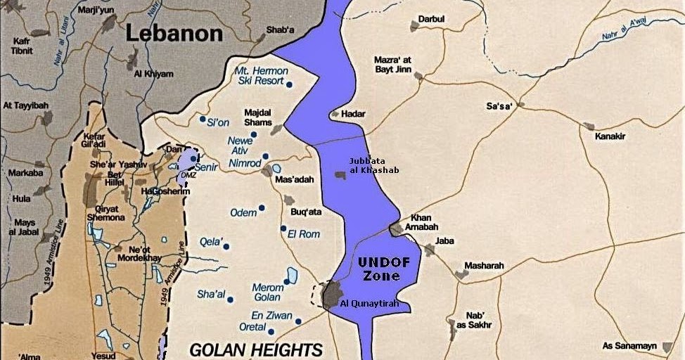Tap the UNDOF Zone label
coord(380,269)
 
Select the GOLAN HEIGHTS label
coord(256,349)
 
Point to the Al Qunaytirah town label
coord(369,304)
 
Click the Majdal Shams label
coord(257,118)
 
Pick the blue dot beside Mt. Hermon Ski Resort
coord(289,84)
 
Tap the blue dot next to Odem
coord(262,207)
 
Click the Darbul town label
coord(431,18)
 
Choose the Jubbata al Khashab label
coord(373,165)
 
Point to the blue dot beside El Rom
coord(283,229)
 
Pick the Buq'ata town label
coord(306,211)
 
